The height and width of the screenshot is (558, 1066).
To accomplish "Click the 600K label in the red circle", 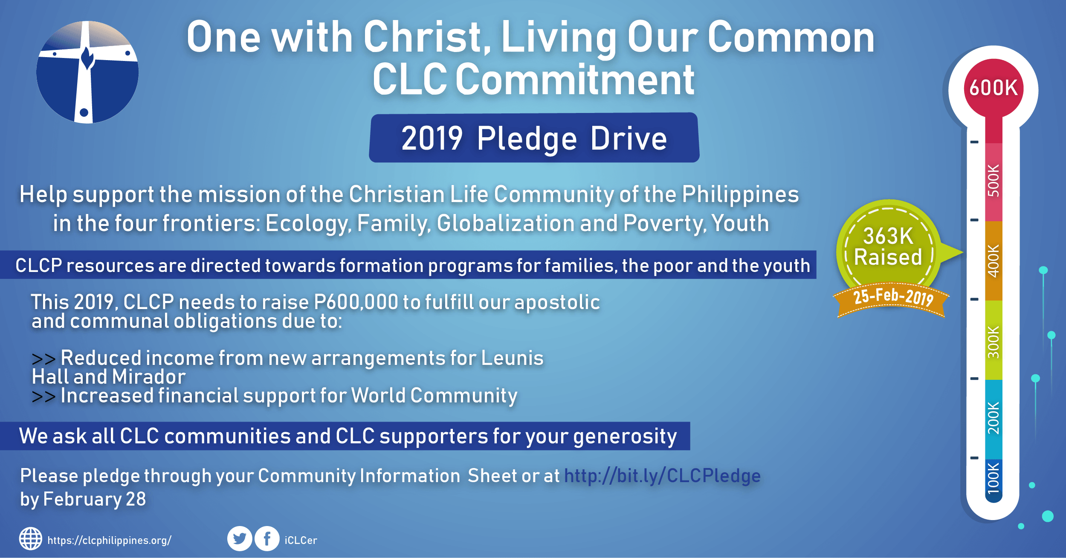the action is pyautogui.click(x=993, y=88).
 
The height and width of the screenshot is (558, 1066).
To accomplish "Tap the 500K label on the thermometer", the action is pyautogui.click(x=994, y=180).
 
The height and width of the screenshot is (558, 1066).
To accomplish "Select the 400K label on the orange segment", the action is pyautogui.click(x=994, y=261).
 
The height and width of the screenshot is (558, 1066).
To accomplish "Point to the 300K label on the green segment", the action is pyautogui.click(x=994, y=342).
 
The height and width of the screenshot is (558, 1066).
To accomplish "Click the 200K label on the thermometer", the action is pyautogui.click(x=994, y=418).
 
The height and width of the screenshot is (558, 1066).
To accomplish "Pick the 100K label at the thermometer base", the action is pyautogui.click(x=994, y=478).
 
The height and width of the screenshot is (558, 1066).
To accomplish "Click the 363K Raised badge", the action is pyautogui.click(x=889, y=247).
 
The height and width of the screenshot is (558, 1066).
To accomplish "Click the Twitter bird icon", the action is pyautogui.click(x=240, y=539).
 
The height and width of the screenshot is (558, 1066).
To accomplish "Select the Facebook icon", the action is pyautogui.click(x=267, y=539).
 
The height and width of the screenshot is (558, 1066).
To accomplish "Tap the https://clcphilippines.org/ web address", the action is pyautogui.click(x=110, y=541).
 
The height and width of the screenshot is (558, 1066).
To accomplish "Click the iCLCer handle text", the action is pyautogui.click(x=301, y=541).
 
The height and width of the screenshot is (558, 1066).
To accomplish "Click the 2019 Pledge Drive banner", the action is pyautogui.click(x=534, y=138).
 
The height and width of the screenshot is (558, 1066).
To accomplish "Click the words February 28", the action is pyautogui.click(x=95, y=499).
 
